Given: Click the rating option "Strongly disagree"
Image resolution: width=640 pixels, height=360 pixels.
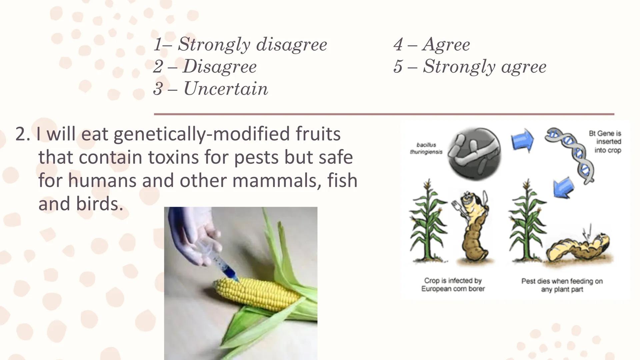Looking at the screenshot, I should click(x=240, y=44).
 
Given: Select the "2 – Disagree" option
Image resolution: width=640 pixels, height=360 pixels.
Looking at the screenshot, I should click(x=205, y=66).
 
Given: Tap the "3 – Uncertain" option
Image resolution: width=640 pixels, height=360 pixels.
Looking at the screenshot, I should click(x=211, y=89).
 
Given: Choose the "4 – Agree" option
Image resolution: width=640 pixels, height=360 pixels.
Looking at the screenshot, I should click(x=432, y=44).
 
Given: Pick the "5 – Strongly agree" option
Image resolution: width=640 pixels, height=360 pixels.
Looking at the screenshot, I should click(x=470, y=66).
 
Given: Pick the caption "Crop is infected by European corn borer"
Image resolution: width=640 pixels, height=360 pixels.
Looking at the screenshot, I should click(x=453, y=285).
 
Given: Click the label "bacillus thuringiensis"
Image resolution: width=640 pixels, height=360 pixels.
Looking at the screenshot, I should click(x=426, y=148).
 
